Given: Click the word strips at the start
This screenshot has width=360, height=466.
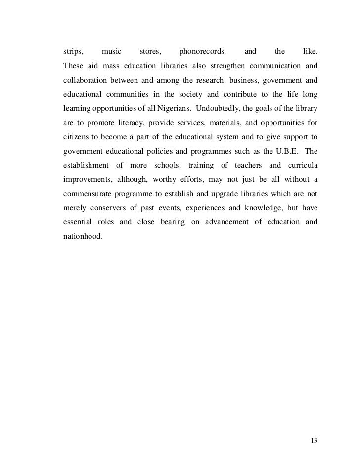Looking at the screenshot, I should tap(73, 51).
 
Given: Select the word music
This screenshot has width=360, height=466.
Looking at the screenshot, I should tap(111, 51).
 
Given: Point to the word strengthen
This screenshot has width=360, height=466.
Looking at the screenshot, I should tap(232, 66).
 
